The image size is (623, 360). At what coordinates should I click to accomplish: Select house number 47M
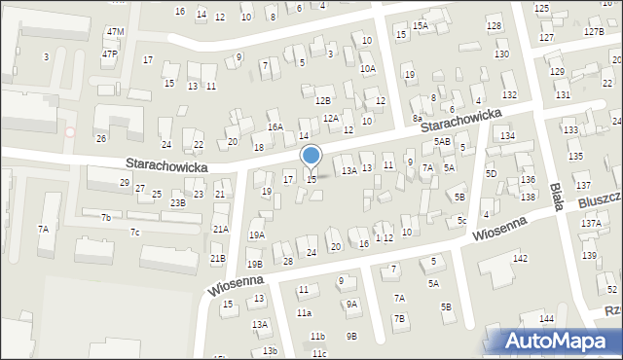(115, 32)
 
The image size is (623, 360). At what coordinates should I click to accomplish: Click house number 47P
(109, 54)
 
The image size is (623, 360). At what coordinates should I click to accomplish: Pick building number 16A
(275, 127)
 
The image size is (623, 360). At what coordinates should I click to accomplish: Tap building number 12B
(323, 100)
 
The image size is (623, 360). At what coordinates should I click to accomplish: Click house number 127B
(594, 32)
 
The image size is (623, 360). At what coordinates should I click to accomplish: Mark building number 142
(521, 258)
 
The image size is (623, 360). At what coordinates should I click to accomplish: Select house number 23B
(178, 203)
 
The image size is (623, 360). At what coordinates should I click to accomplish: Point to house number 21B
(217, 259)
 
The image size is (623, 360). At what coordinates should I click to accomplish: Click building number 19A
(256, 235)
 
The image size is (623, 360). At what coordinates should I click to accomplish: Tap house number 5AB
(442, 142)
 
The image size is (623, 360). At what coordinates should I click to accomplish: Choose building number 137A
(591, 224)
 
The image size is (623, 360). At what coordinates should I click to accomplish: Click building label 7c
(135, 232)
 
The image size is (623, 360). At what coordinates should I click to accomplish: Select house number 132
(509, 94)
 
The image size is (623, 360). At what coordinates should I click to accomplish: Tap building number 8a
(417, 118)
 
